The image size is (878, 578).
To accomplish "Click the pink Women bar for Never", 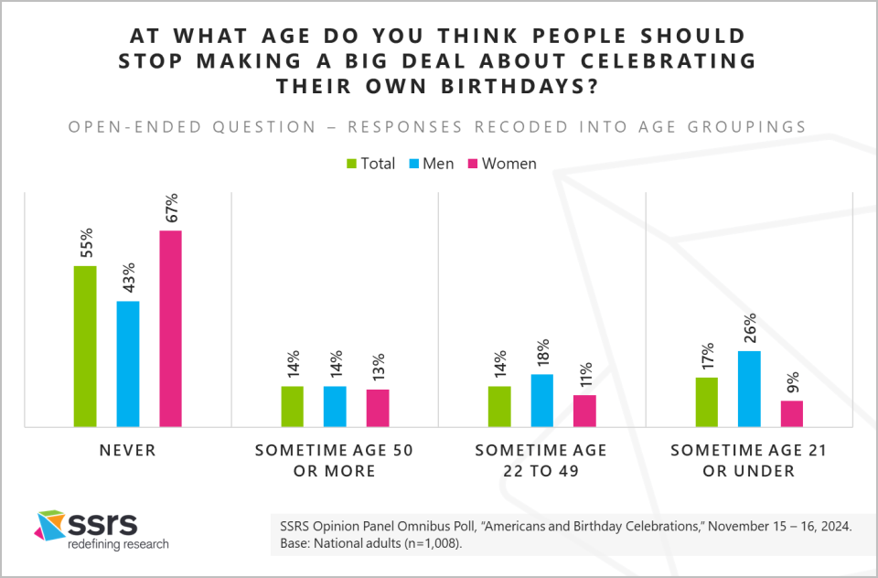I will (171, 328).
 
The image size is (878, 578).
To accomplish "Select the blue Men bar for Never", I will (128, 363).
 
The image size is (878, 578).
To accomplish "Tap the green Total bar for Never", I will (85, 346).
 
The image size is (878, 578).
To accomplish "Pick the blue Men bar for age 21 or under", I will (749, 389).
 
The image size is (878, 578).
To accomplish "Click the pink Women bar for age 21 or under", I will (792, 413).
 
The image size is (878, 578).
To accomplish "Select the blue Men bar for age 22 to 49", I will (542, 400).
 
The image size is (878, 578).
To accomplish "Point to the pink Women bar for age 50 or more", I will (378, 408).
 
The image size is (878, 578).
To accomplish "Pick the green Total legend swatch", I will (350, 164).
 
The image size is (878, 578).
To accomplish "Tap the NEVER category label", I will (128, 451).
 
